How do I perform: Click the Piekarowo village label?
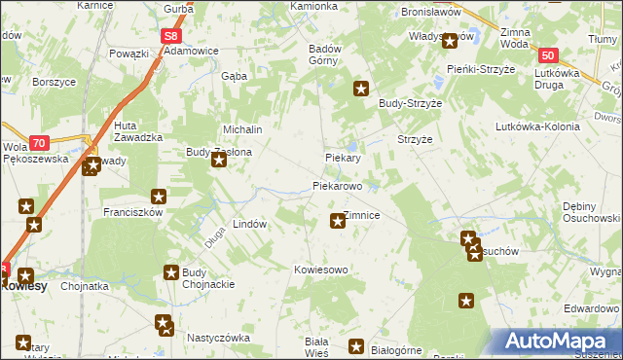pyautogui.click(x=337, y=185)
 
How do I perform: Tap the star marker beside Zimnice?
pyautogui.click(x=338, y=221)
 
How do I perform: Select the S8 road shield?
pyautogui.click(x=171, y=36)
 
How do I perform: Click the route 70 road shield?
pyautogui.click(x=38, y=142)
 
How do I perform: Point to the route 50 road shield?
pyautogui.click(x=549, y=56)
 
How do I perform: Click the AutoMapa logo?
pyautogui.click(x=556, y=342)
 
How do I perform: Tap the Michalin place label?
pyautogui.click(x=243, y=129)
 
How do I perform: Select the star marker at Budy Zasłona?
pyautogui.click(x=219, y=162)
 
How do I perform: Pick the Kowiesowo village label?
pyautogui.click(x=321, y=269)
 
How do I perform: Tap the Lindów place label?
pyautogui.click(x=249, y=224)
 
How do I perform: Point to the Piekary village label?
pyautogui.click(x=343, y=158)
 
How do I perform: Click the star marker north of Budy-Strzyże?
pyautogui.click(x=361, y=90)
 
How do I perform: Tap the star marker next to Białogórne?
pyautogui.click(x=356, y=346)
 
